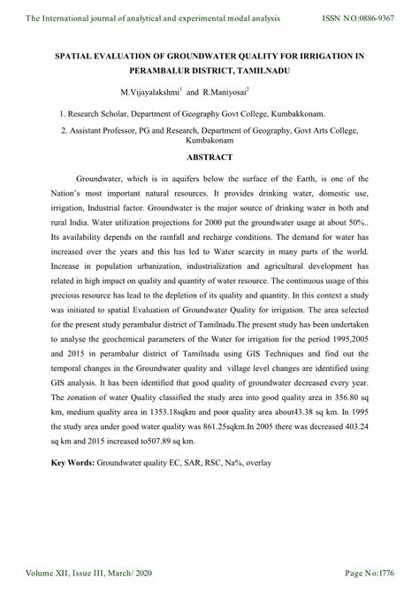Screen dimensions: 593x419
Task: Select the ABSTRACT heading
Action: [x=209, y=157]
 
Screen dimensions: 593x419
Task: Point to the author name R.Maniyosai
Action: [x=225, y=91]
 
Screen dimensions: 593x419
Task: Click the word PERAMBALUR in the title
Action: [x=163, y=69]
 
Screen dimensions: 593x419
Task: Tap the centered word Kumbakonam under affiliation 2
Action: [x=209, y=141]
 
